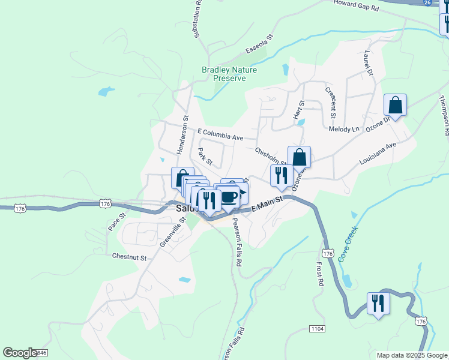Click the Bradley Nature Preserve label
229,74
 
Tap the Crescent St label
331,102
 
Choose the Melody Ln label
343,129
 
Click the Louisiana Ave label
378,154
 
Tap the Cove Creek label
348,244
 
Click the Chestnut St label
129,256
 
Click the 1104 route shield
318,328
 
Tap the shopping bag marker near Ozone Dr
395,105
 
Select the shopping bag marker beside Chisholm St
299,157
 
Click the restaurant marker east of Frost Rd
378,303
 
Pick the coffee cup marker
228,196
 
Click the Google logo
20,353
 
